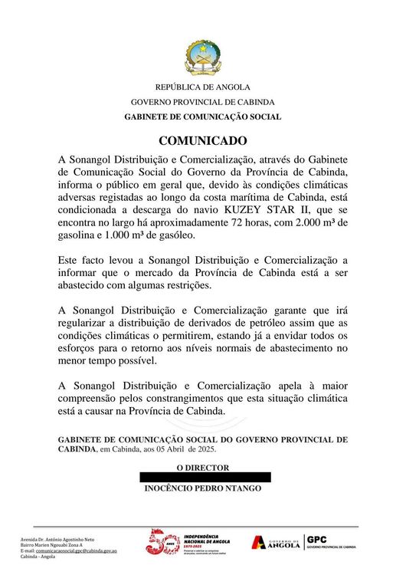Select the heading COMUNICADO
203,141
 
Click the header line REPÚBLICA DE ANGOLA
203,87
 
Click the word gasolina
80,235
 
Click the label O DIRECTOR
203,467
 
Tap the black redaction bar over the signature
205,477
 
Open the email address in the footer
80,550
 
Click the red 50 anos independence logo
162,544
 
